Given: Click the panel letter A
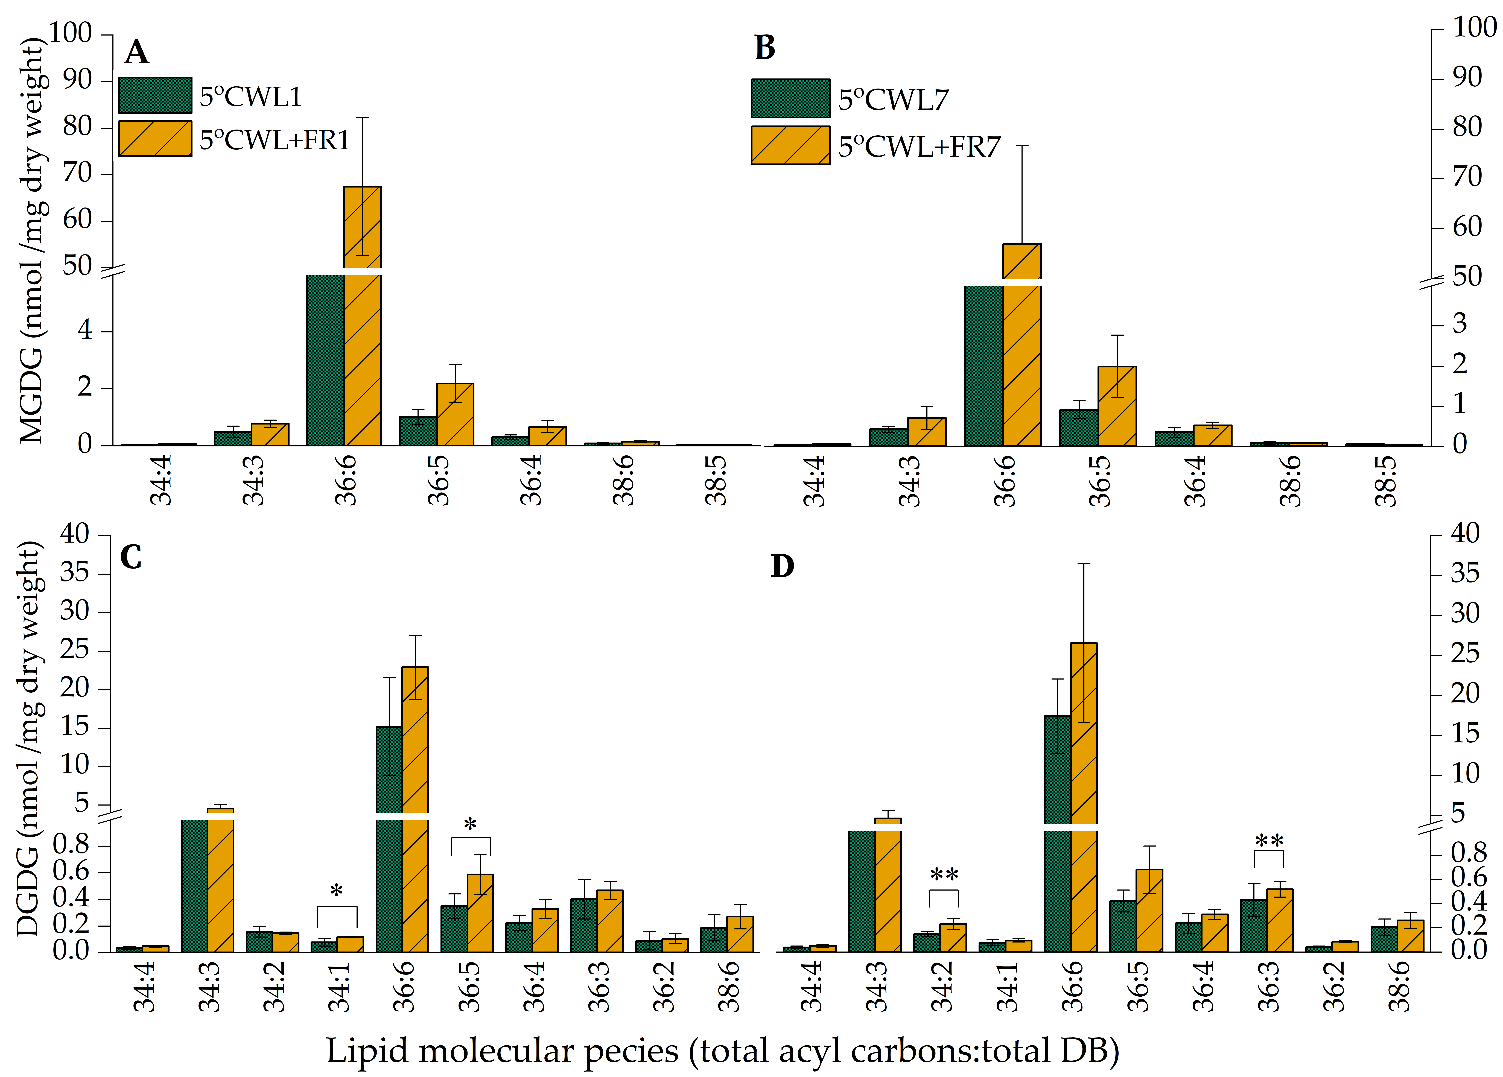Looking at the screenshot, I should (x=136, y=52).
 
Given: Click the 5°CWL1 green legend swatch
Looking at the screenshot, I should (x=155, y=95).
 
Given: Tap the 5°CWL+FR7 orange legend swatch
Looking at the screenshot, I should (x=790, y=145).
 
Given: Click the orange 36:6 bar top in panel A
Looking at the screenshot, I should (x=362, y=225).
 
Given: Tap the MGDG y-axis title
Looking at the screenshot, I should (x=30, y=239).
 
